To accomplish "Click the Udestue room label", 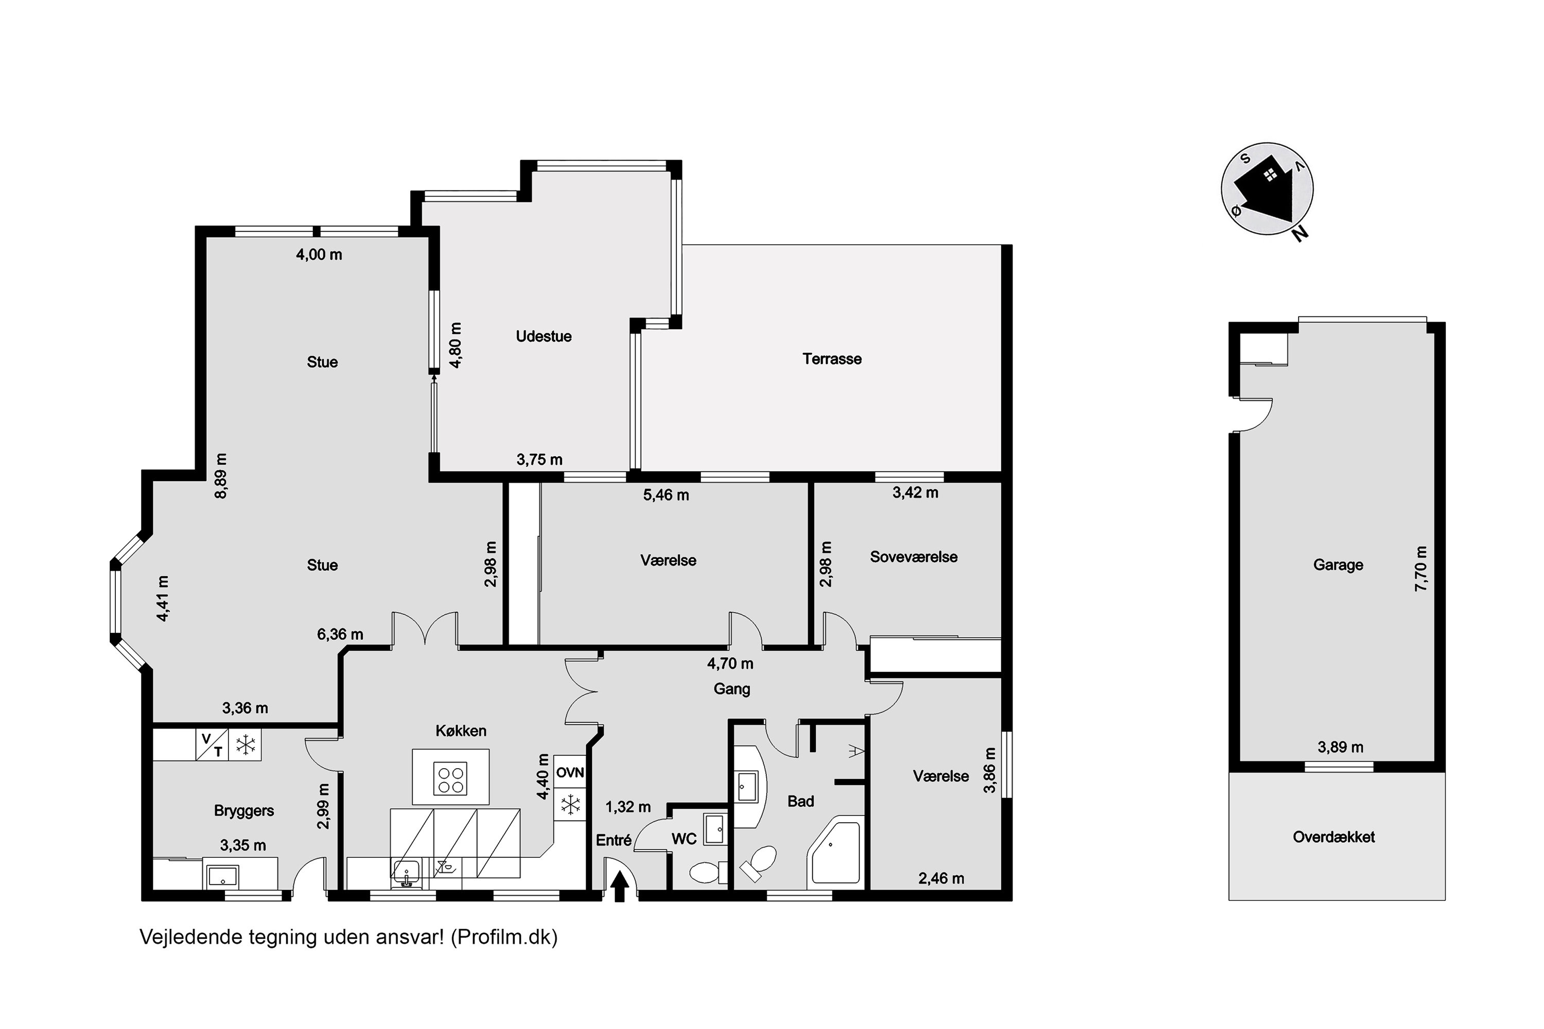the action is [543, 336].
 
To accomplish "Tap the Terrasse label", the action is [832, 359].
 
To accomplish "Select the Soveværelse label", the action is [914, 557].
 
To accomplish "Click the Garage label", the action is [1338, 565].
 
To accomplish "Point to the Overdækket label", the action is [1334, 838].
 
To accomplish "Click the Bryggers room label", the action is [243, 811].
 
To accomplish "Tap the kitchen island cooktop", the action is [450, 779].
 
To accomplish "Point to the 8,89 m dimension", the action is [221, 476].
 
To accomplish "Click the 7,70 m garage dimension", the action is [1420, 569].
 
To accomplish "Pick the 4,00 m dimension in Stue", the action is [319, 255].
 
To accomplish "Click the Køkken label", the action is [461, 731].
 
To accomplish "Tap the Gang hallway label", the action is [731, 689].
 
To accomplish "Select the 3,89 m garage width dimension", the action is [1341, 747].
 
